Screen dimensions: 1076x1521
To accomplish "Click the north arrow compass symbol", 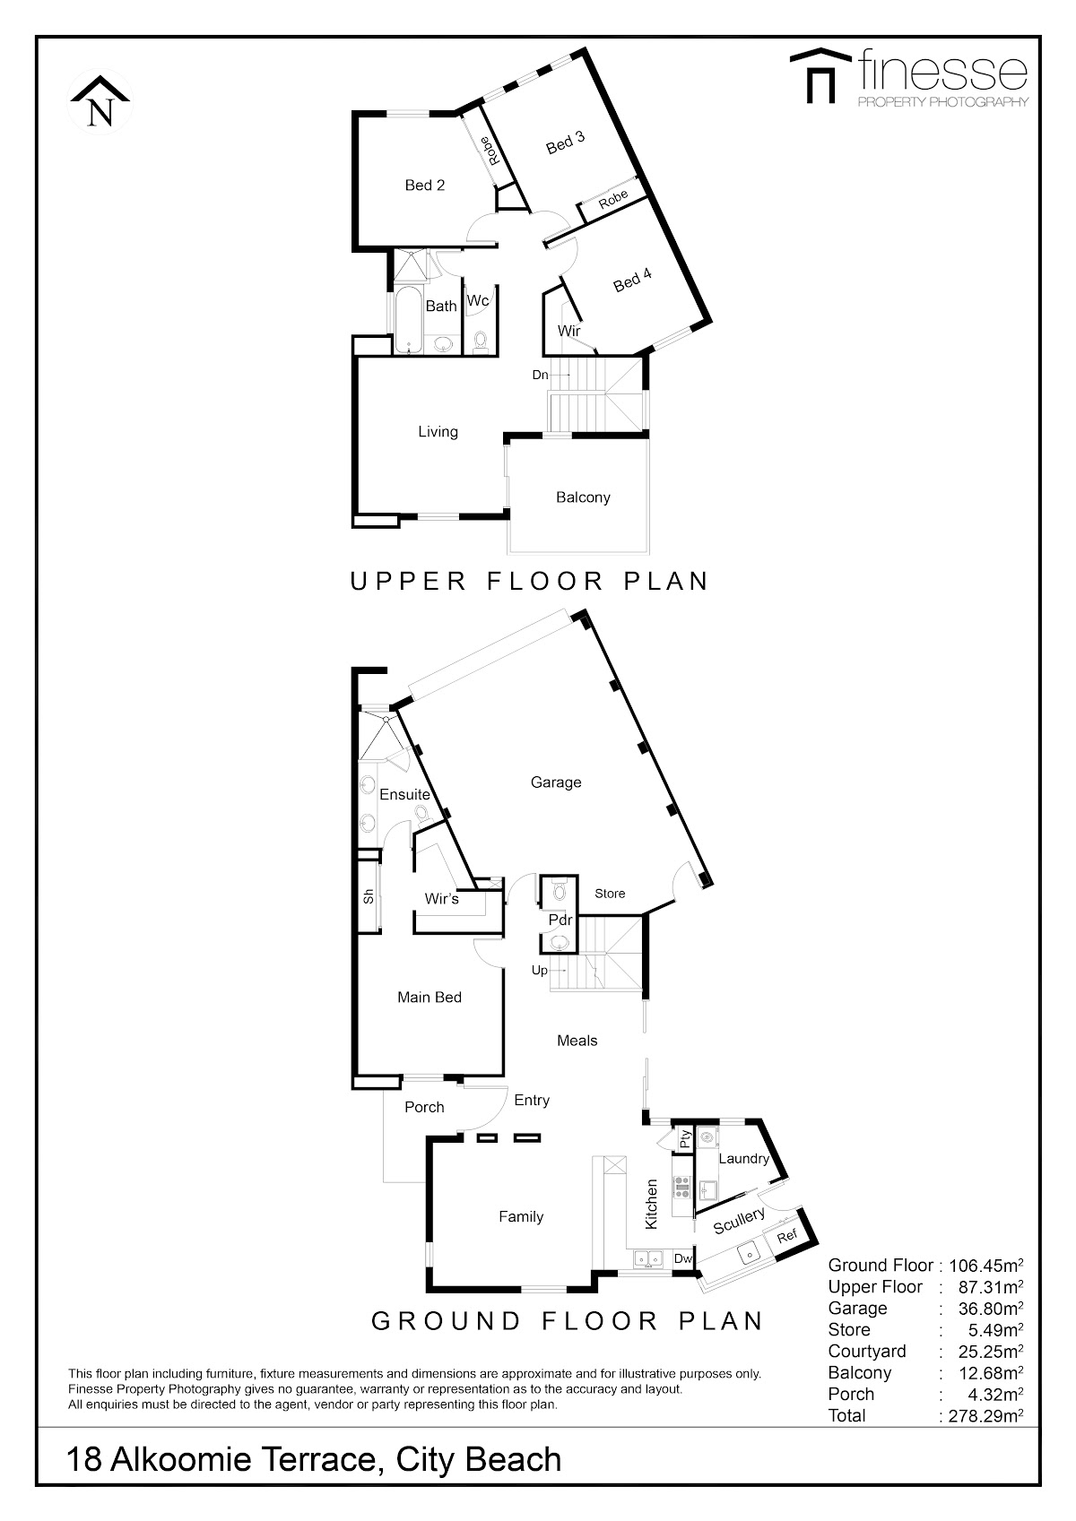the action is [x=100, y=102].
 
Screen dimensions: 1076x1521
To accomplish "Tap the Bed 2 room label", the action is [x=424, y=185].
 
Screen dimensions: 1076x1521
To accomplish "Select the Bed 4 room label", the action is [x=632, y=280].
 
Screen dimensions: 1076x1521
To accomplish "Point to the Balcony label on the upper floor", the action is [x=583, y=497].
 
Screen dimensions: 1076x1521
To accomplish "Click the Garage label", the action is [x=556, y=782].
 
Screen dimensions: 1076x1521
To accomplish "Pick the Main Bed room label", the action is [x=430, y=997].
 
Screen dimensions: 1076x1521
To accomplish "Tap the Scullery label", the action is [x=738, y=1220].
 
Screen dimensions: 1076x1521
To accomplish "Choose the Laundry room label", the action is [x=744, y=1158].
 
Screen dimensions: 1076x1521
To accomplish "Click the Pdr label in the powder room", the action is [x=560, y=920].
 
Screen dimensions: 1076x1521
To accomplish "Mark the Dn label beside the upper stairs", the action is [x=540, y=375].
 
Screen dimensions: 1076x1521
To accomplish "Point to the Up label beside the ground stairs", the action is [x=540, y=971].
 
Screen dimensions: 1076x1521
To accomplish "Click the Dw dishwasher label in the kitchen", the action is [x=682, y=1258].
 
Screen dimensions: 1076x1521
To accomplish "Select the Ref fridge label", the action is [x=786, y=1236].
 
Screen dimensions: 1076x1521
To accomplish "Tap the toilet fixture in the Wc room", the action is [x=481, y=340].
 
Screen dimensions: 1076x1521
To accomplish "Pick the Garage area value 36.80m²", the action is [x=991, y=1308].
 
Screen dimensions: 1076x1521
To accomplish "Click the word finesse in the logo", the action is [x=942, y=70].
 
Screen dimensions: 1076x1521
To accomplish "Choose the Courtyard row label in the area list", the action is [x=867, y=1352].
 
